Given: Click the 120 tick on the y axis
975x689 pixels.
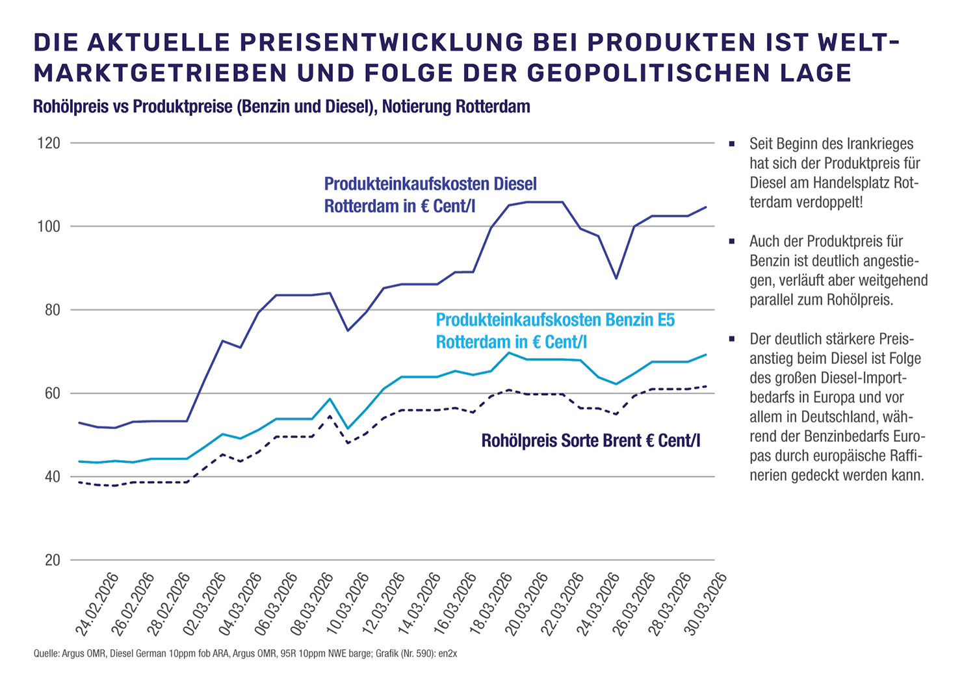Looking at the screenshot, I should point(51,143).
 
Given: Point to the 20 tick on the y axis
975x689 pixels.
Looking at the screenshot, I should point(53,560).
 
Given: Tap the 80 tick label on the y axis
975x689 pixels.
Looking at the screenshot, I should point(53,310).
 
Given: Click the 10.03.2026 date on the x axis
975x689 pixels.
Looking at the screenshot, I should point(348,604).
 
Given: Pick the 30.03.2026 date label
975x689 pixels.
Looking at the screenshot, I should point(705,604).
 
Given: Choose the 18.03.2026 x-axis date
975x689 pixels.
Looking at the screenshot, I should point(491,604).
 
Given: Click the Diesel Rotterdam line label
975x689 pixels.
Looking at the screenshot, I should point(430,195).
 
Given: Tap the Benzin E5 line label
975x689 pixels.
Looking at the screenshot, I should point(555,331).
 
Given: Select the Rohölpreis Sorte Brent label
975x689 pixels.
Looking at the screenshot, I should point(590,441).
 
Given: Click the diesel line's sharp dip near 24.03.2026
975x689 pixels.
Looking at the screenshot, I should point(616,278).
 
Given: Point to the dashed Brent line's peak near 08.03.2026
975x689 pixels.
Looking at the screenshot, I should point(330,416).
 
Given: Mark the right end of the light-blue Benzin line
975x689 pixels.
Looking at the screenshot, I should point(706,355).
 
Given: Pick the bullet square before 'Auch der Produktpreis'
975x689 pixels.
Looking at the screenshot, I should point(732,242).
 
